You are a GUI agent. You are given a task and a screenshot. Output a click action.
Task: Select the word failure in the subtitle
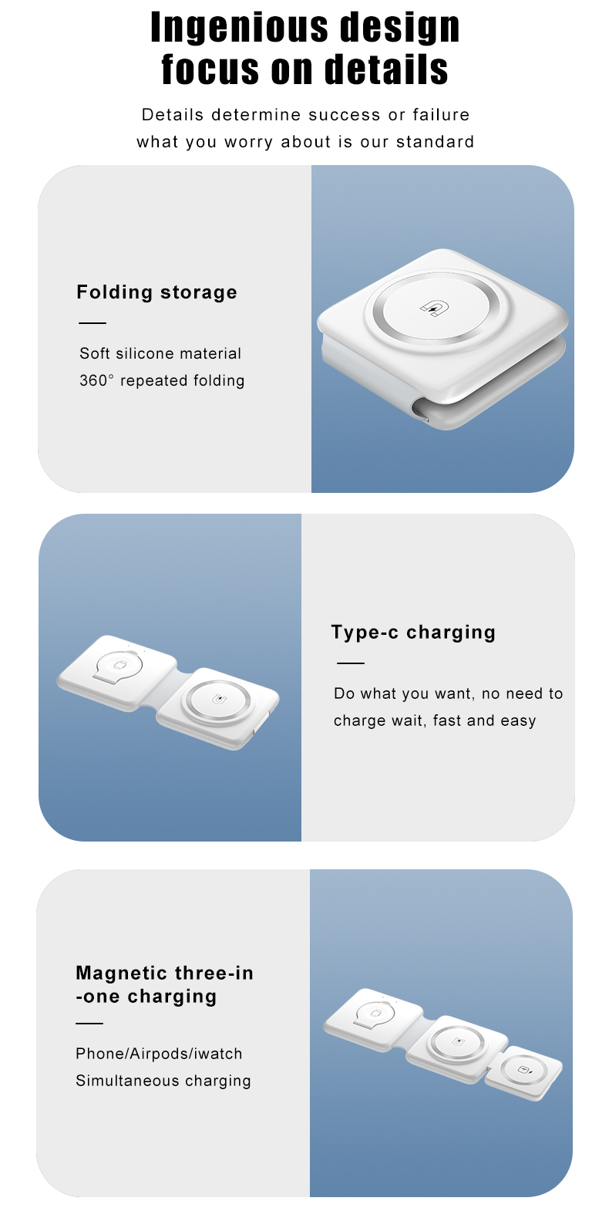click(440, 115)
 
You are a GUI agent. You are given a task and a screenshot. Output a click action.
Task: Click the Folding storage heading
click(156, 292)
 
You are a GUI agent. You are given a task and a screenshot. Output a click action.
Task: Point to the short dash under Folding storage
click(93, 323)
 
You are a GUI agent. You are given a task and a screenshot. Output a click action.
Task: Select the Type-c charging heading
click(413, 633)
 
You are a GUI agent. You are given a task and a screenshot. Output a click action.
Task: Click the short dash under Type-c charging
click(351, 663)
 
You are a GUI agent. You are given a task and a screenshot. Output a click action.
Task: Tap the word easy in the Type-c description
click(518, 721)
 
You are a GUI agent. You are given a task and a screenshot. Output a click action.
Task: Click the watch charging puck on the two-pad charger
click(119, 665)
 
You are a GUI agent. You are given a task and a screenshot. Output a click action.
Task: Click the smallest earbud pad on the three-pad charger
click(526, 1071)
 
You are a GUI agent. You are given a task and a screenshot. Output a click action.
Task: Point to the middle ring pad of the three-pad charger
click(458, 1043)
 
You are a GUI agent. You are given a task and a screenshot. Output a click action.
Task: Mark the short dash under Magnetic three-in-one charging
click(89, 1024)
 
